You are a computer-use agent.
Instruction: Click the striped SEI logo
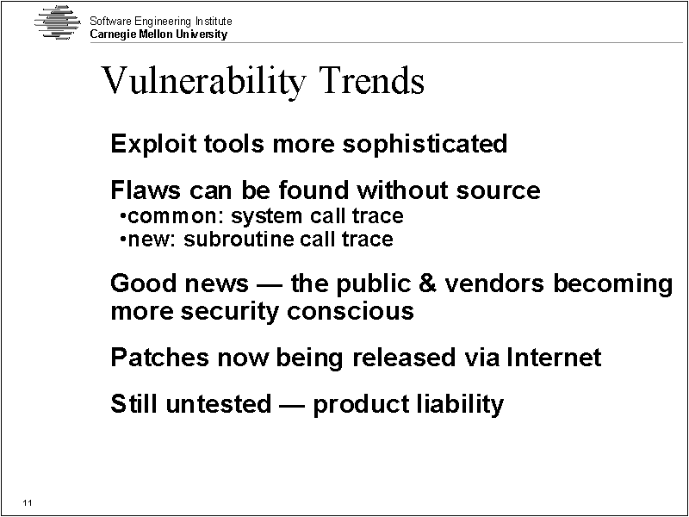pos(58,22)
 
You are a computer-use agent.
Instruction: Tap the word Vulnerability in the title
pos(203,81)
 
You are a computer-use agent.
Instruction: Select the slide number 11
pos(28,503)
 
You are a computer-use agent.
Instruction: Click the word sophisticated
pos(425,143)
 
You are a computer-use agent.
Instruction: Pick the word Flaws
pos(146,190)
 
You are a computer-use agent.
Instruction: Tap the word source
pos(498,191)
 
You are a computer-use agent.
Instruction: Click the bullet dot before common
pos(122,216)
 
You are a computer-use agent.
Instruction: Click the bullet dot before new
pos(122,240)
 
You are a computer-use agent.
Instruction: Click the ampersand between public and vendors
pos(427,283)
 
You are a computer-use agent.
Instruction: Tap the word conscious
pos(351,311)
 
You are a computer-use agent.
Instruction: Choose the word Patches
pos(159,357)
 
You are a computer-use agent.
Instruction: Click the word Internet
pos(554,357)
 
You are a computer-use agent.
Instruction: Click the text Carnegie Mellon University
pos(158,34)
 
